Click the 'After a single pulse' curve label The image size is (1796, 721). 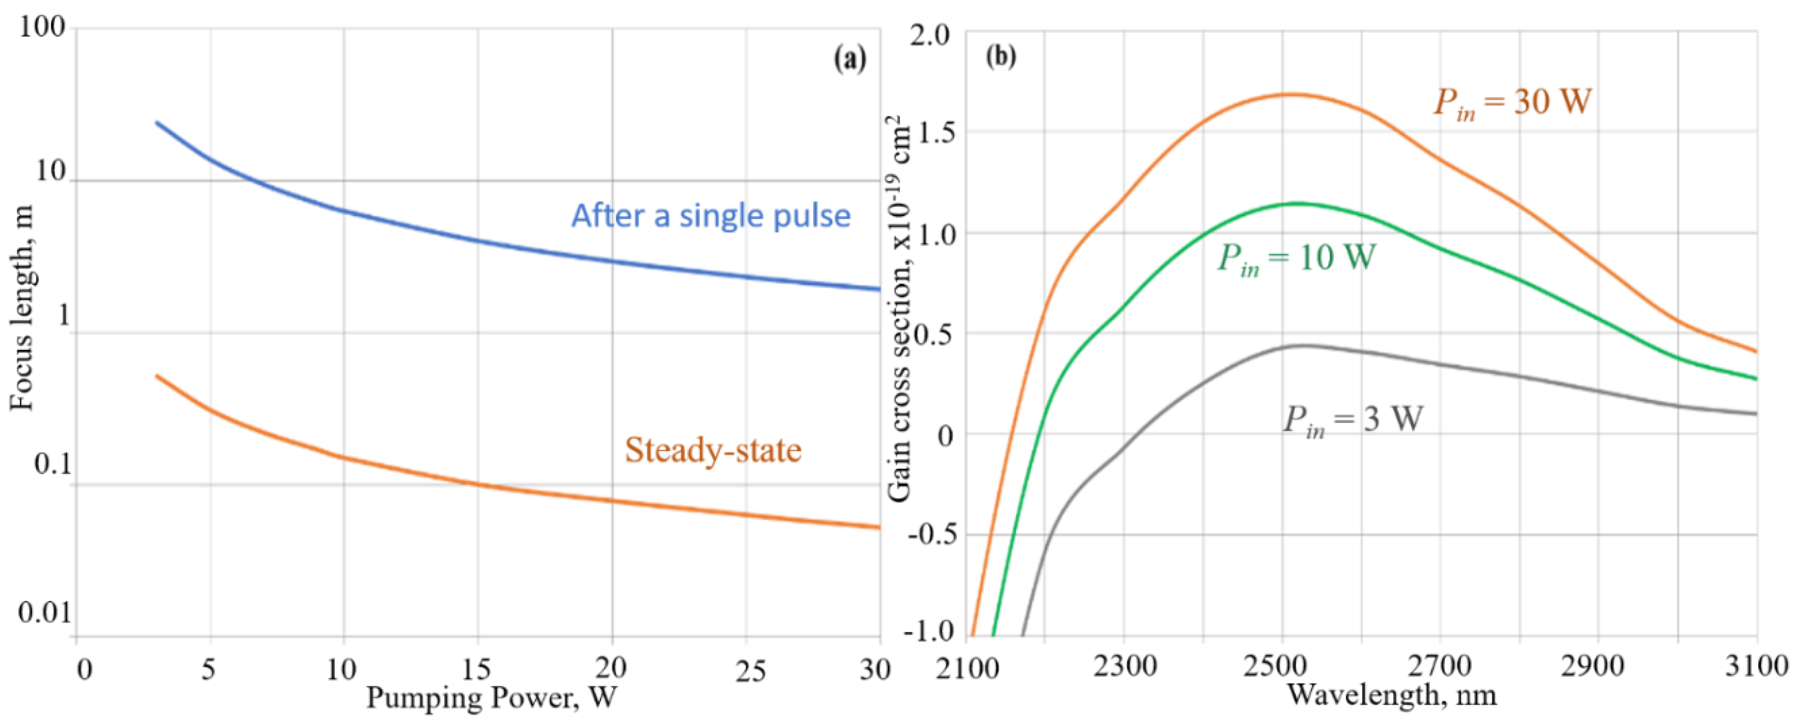pyautogui.click(x=711, y=216)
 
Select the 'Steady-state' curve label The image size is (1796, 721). pyautogui.click(x=713, y=450)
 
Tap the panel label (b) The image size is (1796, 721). pyautogui.click(x=1001, y=56)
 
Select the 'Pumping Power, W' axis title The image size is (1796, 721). pyautogui.click(x=491, y=698)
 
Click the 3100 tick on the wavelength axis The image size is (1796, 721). pyautogui.click(x=1757, y=667)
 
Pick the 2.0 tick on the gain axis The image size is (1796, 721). pyautogui.click(x=930, y=35)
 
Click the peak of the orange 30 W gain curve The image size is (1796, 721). pyautogui.click(x=1290, y=94)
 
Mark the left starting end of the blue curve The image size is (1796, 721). pyautogui.click(x=157, y=123)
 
